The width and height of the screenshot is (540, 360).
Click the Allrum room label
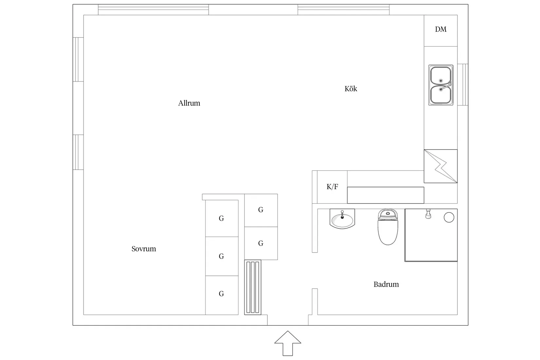189,103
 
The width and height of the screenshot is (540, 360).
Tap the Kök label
351,89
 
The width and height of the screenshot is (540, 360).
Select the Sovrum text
144,249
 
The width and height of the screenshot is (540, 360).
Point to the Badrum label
386,284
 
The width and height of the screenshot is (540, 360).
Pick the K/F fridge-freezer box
332,187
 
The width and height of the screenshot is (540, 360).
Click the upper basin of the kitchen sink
441,75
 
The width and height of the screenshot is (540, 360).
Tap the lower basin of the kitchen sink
441,95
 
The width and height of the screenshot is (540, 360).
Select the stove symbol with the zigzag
441,166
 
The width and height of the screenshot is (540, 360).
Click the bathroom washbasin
342,219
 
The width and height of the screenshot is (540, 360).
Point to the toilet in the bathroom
388,227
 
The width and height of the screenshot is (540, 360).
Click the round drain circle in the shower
449,217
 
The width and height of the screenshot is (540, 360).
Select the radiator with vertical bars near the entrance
253,287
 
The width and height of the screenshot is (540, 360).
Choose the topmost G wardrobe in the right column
261,210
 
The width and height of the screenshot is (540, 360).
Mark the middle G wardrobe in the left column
222,256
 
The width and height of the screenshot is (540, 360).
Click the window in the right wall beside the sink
462,84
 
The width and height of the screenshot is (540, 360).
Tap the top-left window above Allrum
153,10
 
